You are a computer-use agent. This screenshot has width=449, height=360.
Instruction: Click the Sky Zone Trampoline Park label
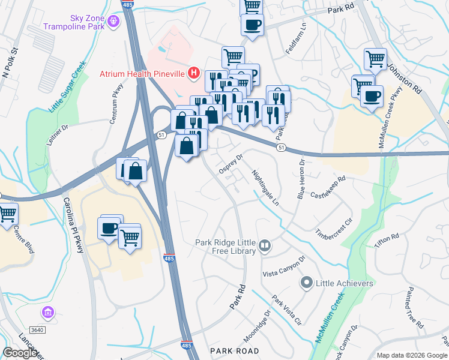[x=73, y=23]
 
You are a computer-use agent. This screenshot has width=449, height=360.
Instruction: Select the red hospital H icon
[x=193, y=74]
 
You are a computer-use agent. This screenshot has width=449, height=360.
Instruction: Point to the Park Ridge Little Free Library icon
[x=265, y=245]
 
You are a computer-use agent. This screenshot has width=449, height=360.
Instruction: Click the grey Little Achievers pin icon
[x=306, y=282]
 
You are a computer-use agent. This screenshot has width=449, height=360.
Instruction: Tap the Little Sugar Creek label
[x=64, y=92]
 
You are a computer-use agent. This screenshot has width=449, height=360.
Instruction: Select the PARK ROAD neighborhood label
[x=234, y=350]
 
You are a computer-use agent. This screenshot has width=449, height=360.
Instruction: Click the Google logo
[x=20, y=353]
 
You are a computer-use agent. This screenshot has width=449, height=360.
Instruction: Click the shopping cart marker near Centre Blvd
[x=7, y=213]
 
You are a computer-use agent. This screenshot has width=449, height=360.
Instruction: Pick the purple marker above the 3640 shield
[x=48, y=312]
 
